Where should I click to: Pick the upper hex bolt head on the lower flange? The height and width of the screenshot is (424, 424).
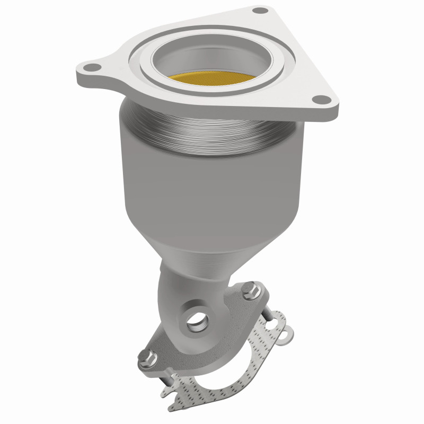(x=251, y=291)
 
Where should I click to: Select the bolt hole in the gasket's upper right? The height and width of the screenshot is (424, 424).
(x=273, y=319)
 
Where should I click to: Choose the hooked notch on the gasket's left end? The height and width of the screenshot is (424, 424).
(x=169, y=389)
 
